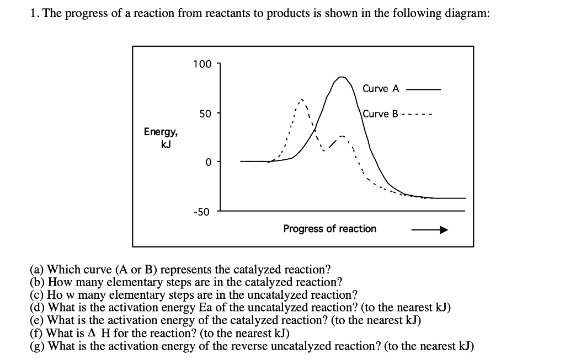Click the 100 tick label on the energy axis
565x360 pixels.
202,64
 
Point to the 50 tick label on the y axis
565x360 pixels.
205,114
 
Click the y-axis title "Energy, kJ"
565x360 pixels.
161,137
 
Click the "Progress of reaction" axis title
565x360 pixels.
329,229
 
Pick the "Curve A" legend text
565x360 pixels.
381,89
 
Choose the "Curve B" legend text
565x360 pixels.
380,114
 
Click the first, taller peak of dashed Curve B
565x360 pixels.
300,100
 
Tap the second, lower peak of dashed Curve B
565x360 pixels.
343,136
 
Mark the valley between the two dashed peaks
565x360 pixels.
325,149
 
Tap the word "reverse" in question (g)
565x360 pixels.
250,346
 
